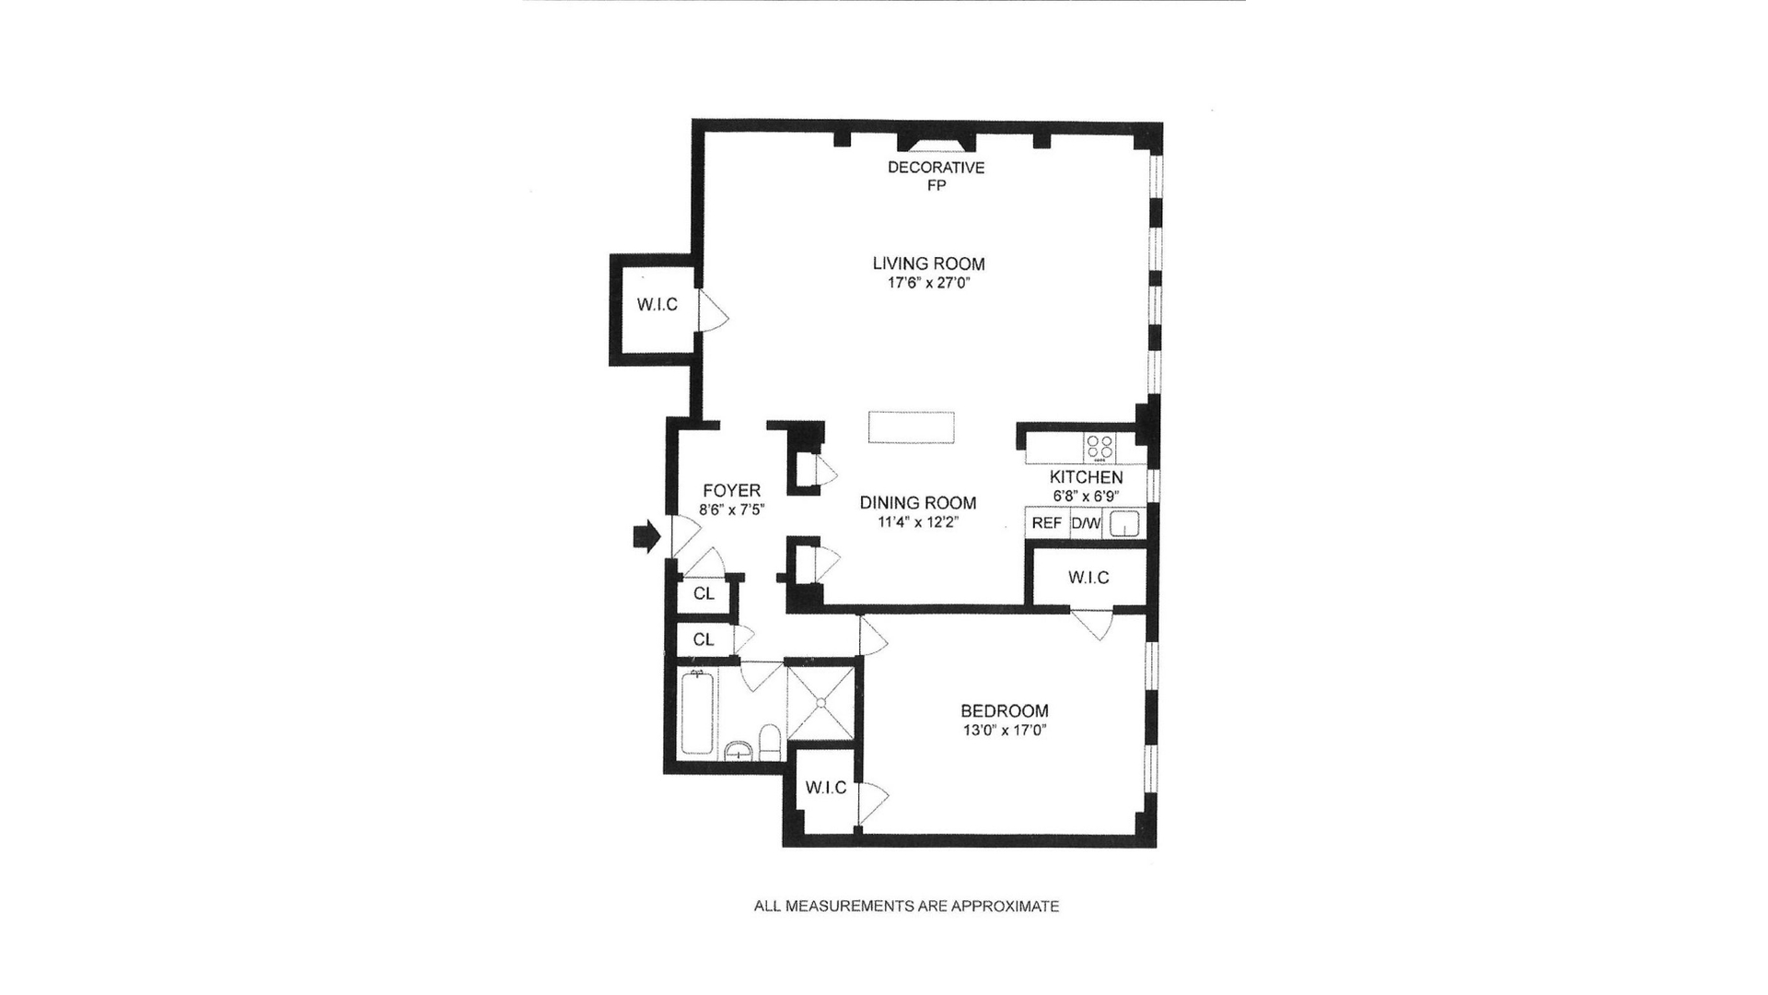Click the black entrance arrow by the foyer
click(x=647, y=537)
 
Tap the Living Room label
click(x=928, y=264)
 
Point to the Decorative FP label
click(x=936, y=176)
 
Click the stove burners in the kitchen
click(x=1099, y=448)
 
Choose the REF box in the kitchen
click(x=1047, y=523)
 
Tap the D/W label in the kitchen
click(x=1086, y=523)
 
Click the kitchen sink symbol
click(x=1124, y=524)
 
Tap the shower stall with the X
click(x=820, y=701)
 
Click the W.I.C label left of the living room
click(x=657, y=305)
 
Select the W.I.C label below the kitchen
click(x=1088, y=578)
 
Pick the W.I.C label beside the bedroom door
click(x=825, y=788)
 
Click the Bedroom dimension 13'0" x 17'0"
click(x=1004, y=731)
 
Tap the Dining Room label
click(x=917, y=503)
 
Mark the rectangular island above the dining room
click(x=911, y=428)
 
